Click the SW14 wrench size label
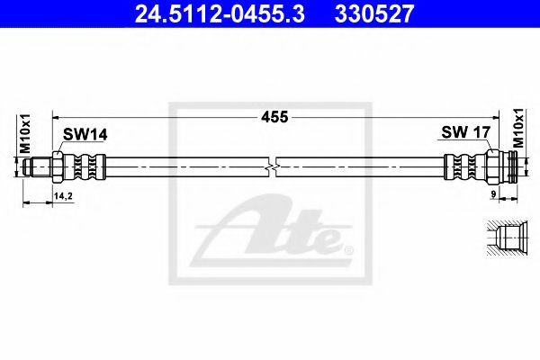point(84,134)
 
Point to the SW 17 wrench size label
point(464,133)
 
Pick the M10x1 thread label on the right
point(517,128)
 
